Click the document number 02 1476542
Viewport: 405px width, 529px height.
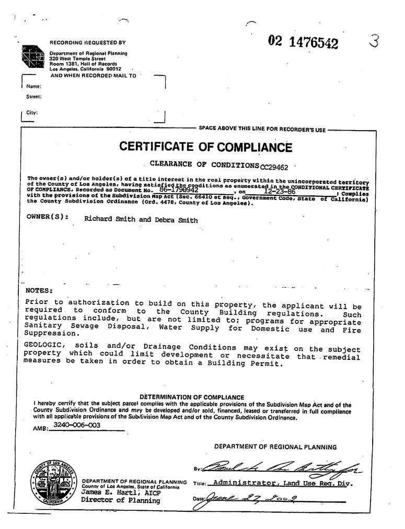[303, 42]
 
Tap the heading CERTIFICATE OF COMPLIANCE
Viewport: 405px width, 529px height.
[205, 147]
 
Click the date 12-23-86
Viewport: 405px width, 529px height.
[279, 192]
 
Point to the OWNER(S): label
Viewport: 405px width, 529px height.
[48, 216]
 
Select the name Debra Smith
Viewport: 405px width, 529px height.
[176, 220]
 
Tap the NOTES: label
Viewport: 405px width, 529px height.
[39, 290]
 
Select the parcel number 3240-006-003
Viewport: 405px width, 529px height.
[77, 426]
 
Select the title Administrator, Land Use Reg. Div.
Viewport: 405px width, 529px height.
[283, 483]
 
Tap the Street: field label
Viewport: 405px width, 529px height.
[34, 97]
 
